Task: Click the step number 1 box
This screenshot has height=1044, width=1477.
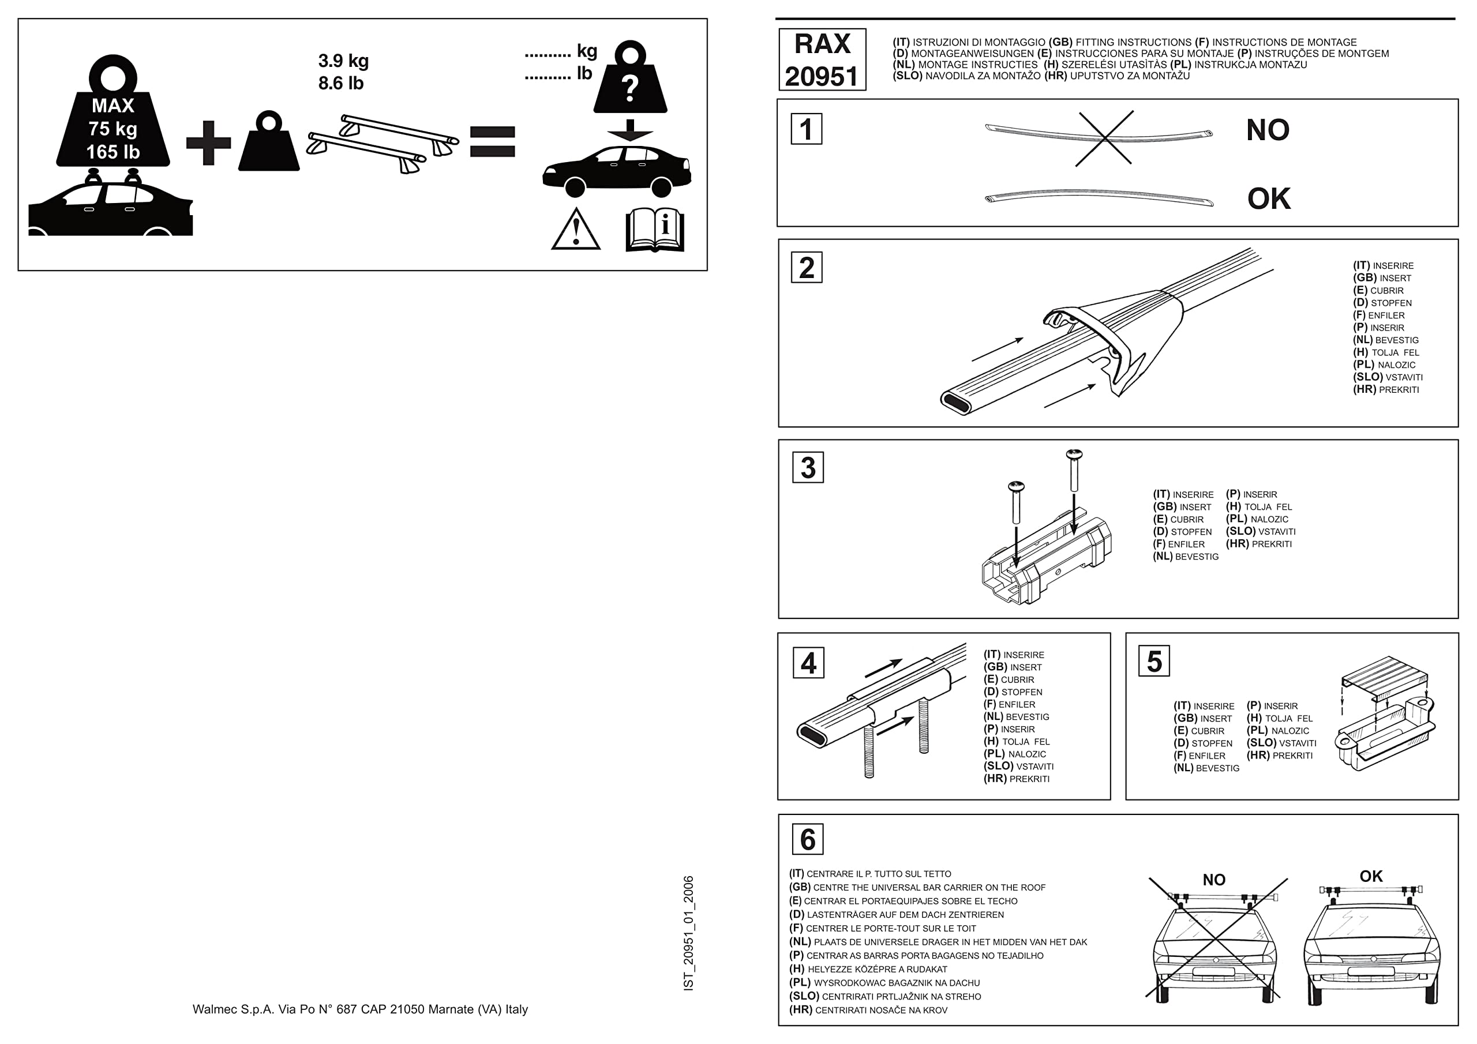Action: point(806,129)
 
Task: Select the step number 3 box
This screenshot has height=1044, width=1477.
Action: point(808,468)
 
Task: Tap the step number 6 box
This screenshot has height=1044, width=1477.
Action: point(807,839)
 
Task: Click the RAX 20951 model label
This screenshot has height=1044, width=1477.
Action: point(822,60)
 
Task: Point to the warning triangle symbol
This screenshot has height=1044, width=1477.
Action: point(576,230)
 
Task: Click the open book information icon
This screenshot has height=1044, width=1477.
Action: point(655,230)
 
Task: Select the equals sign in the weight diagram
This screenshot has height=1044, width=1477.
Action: point(492,142)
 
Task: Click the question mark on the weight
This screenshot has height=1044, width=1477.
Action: point(631,88)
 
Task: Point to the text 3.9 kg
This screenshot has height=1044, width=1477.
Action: point(343,61)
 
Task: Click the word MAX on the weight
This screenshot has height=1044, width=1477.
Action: point(113,106)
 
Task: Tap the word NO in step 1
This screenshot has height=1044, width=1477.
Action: point(1268,130)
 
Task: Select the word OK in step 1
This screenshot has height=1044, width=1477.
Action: point(1269,199)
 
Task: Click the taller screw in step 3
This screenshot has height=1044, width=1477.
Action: point(1074,473)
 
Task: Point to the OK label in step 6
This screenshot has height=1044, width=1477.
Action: point(1371,876)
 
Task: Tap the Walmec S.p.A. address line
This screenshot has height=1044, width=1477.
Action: point(359,1009)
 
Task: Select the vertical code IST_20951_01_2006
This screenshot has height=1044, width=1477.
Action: point(688,933)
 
